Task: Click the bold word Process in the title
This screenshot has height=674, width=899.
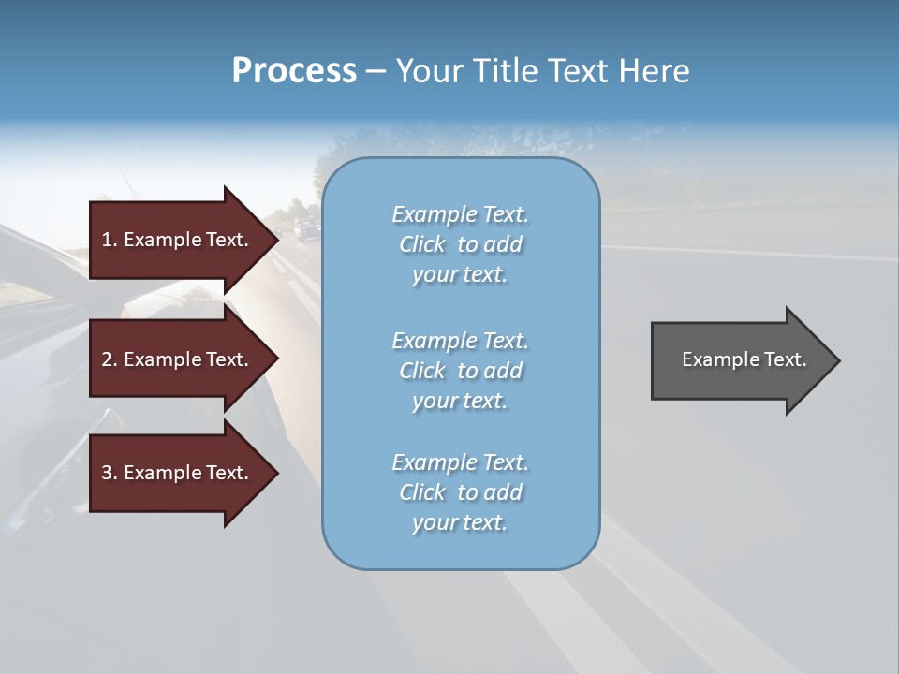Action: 294,71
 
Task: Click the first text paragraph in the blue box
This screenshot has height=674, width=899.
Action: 460,244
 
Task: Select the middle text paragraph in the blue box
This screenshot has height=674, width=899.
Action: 460,371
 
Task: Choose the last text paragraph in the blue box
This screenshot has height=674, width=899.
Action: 460,492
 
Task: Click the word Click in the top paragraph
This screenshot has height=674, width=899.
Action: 422,244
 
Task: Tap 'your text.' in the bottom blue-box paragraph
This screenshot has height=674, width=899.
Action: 460,522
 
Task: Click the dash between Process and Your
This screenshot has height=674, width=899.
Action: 376,71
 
